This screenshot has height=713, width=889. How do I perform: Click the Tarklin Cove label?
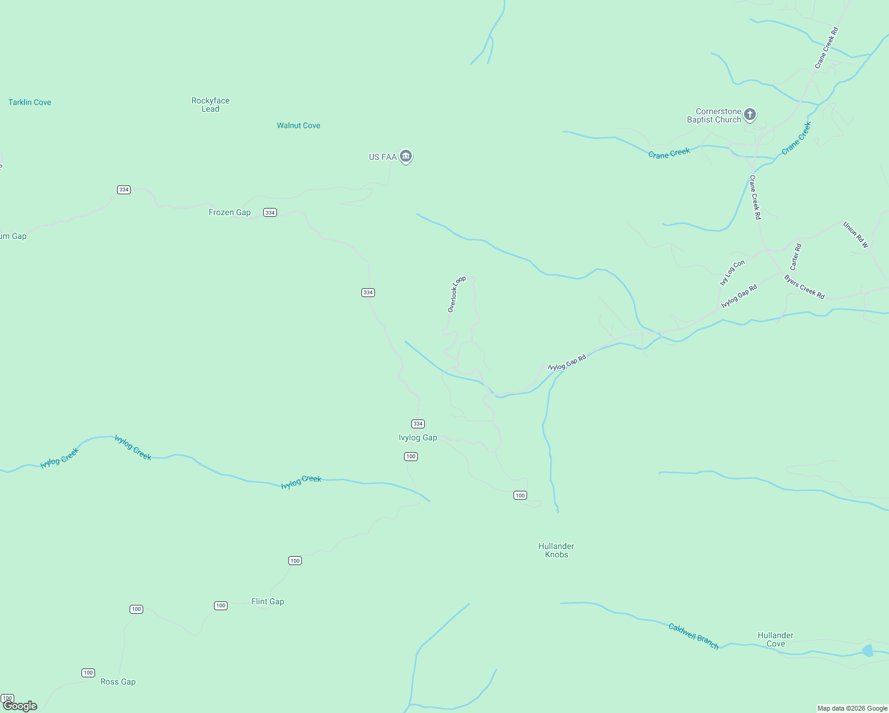coord(30,102)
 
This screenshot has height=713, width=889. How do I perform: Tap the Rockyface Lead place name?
coord(210,105)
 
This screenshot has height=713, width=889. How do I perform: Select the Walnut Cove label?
coord(298,125)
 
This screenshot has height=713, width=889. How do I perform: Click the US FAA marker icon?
coord(406,156)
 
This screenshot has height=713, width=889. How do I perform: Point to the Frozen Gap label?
coord(229,212)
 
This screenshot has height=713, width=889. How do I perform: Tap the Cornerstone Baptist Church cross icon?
coord(750,114)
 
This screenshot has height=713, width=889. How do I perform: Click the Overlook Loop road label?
coord(456,294)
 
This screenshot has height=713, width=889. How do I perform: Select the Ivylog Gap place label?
coord(418,437)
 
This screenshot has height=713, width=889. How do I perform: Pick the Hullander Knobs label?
coord(556,550)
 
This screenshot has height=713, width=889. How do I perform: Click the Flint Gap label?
coord(267,601)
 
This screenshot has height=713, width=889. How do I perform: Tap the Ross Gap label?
coord(118,682)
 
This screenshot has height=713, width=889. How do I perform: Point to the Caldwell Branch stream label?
coord(693,636)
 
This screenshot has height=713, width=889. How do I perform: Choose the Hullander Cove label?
coord(775,639)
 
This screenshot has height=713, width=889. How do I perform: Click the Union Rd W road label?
coord(855,235)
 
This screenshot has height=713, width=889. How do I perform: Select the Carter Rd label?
coord(796,257)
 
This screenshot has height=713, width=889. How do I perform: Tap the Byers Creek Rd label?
coord(804,287)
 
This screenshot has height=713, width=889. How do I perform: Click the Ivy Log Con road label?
coord(732,273)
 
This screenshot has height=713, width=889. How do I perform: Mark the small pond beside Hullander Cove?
coord(868,651)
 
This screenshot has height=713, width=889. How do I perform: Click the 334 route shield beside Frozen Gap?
coord(270,212)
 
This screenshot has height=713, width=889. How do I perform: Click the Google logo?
coord(20,706)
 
